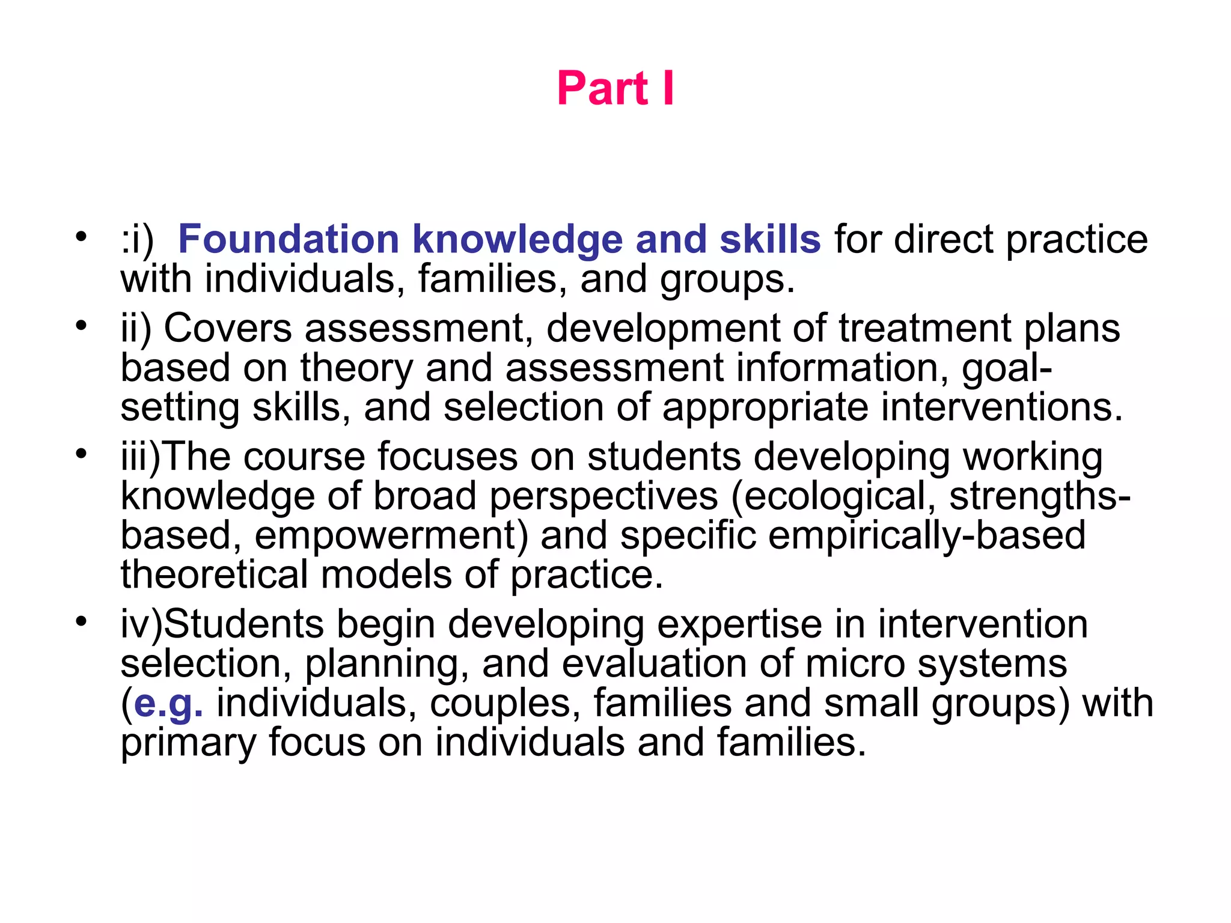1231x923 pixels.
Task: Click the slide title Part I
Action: point(615,88)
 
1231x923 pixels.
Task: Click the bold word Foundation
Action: point(289,239)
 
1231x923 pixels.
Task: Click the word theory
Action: point(356,368)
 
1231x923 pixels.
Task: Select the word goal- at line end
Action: point(1007,368)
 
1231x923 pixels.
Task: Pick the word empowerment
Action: point(391,535)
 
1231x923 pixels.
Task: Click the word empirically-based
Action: point(926,535)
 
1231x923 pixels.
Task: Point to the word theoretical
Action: point(215,574)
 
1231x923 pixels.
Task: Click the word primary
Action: point(188,743)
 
